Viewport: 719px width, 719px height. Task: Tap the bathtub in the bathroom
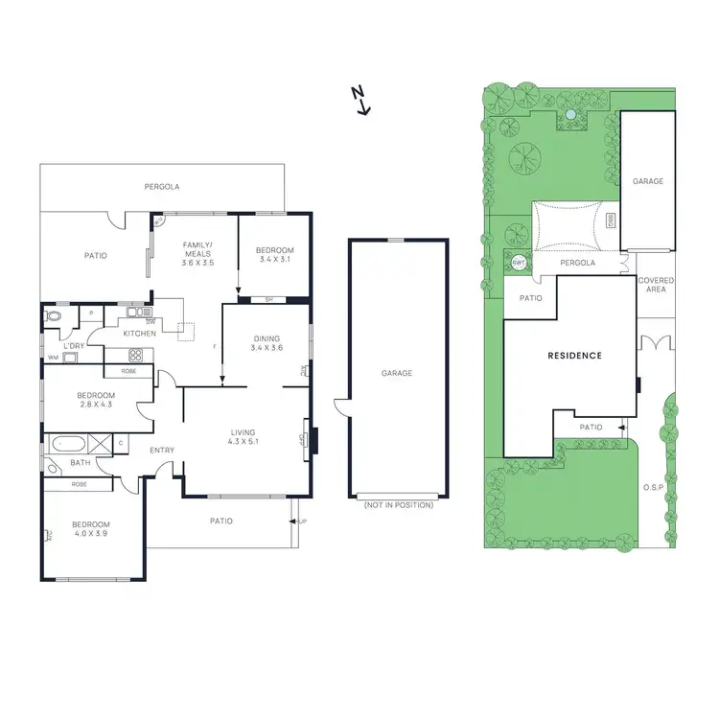pyautogui.click(x=68, y=444)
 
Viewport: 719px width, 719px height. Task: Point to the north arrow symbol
pyautogui.click(x=360, y=99)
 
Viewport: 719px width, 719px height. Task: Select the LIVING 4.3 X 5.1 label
pyautogui.click(x=243, y=437)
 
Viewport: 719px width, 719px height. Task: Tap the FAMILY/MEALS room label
pyautogui.click(x=197, y=254)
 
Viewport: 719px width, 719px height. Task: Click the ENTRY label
pyautogui.click(x=160, y=450)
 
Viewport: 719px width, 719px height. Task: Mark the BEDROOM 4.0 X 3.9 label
pyautogui.click(x=91, y=529)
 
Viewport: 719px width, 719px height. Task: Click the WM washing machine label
pyautogui.click(x=52, y=358)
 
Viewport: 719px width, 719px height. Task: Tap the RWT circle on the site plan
pyautogui.click(x=519, y=262)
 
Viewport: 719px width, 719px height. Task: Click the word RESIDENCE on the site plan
pyautogui.click(x=574, y=356)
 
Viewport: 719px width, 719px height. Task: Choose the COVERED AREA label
pyautogui.click(x=656, y=285)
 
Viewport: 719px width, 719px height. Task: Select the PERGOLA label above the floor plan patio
pyautogui.click(x=162, y=186)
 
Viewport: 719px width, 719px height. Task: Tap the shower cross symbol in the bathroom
pyautogui.click(x=100, y=443)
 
